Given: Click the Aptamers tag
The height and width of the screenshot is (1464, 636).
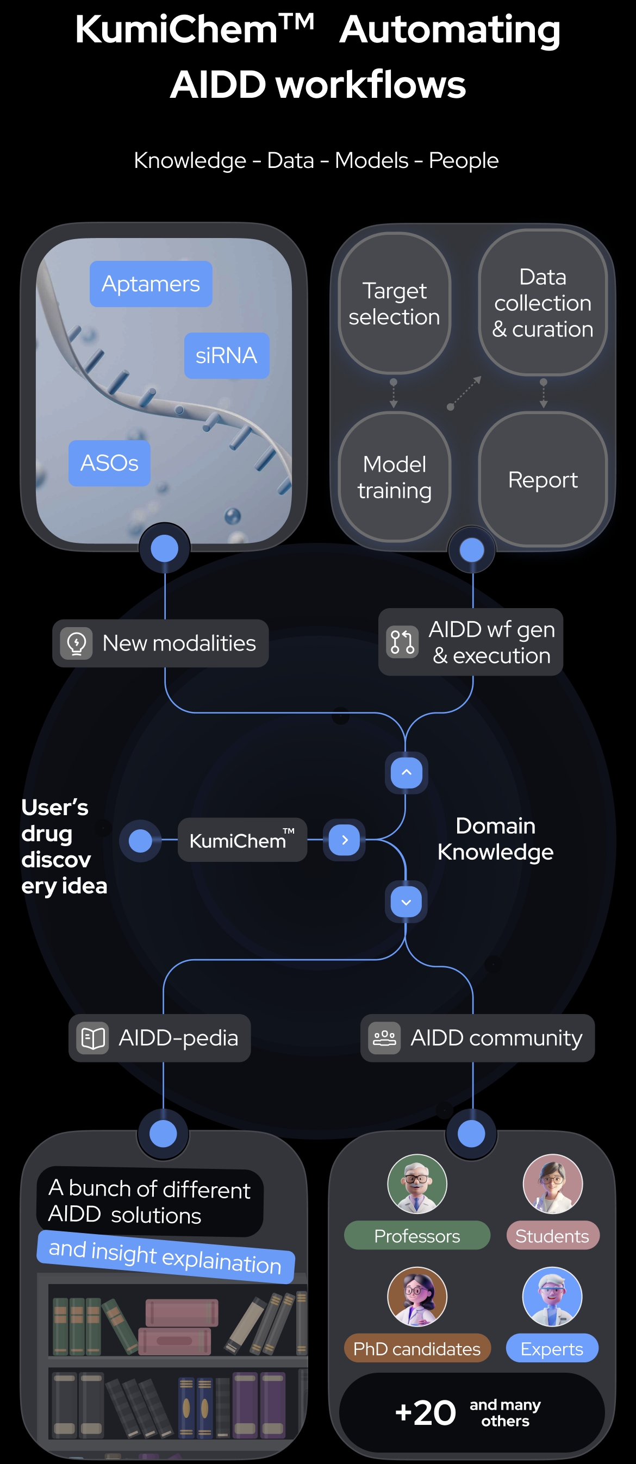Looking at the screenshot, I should [151, 284].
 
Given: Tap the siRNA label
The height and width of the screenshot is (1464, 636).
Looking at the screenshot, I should [226, 355].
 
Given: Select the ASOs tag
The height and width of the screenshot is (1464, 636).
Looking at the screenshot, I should [109, 462].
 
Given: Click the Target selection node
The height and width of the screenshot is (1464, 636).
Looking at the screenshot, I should [394, 303].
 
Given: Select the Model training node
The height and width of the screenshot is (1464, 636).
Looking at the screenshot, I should [394, 477].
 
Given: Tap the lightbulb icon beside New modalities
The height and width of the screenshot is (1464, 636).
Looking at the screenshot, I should [76, 643].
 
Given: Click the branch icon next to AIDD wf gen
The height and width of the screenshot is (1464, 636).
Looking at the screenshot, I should [402, 642].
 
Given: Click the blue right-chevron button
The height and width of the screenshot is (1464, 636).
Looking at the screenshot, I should [345, 840].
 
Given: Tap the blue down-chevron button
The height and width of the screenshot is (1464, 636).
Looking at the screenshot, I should [406, 902].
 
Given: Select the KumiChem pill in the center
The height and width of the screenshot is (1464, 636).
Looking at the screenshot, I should [242, 840].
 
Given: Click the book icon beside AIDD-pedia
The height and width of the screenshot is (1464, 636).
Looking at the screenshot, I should [92, 1038].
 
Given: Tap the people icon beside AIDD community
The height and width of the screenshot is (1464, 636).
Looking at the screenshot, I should [384, 1038].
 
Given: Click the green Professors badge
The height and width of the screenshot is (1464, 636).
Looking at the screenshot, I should [416, 1236].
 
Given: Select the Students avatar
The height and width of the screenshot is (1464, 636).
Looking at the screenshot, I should [552, 1184].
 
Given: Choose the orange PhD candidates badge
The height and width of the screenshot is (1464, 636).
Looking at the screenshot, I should [416, 1348].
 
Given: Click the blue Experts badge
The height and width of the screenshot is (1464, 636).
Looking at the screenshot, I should [552, 1348].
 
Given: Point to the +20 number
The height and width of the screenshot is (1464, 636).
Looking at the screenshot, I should [426, 1413].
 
